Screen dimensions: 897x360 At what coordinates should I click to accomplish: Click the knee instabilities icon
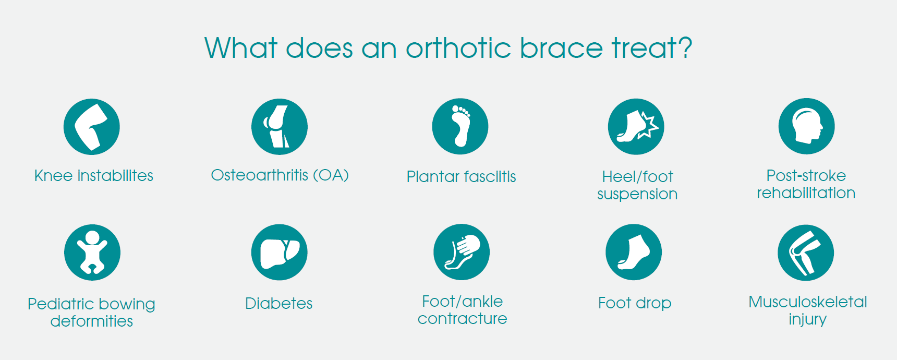tap(92, 127)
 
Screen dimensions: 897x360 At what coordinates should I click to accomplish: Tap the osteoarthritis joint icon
tap(280, 127)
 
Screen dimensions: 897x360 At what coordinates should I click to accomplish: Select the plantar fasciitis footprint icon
tap(460, 126)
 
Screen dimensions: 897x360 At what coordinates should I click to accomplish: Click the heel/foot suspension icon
tap(636, 127)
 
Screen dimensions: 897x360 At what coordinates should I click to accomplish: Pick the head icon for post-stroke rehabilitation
tap(807, 126)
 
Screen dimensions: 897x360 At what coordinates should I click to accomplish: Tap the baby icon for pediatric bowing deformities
tap(92, 253)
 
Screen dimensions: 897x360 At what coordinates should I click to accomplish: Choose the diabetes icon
tap(280, 253)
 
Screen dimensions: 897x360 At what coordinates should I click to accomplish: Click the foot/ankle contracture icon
tap(462, 252)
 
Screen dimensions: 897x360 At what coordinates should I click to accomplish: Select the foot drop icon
tap(634, 253)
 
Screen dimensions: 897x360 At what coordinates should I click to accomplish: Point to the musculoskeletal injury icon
tap(806, 253)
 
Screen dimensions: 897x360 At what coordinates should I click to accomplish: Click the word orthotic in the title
tap(458, 48)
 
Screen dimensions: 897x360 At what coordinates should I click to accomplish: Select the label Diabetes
tap(279, 303)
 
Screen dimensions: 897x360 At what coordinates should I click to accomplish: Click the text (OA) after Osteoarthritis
tap(331, 175)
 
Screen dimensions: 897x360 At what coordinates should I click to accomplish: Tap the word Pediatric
tap(60, 304)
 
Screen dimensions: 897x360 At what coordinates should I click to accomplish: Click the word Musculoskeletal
tap(808, 302)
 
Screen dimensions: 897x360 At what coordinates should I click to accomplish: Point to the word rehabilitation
tap(806, 193)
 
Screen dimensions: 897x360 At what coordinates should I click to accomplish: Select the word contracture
tap(462, 318)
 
